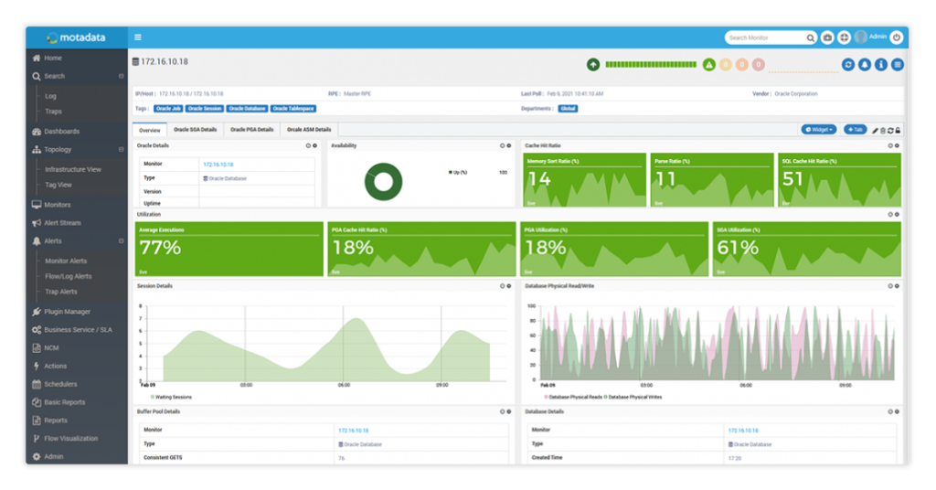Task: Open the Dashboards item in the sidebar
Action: [61, 132]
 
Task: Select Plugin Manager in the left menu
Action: [67, 312]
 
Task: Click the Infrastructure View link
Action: [73, 169]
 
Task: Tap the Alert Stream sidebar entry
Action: [62, 223]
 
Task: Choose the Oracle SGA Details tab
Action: [196, 130]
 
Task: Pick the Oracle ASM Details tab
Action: [309, 130]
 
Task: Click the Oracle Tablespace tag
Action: [293, 109]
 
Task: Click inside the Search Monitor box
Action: [764, 37]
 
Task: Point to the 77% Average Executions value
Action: [160, 248]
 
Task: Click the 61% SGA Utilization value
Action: [739, 248]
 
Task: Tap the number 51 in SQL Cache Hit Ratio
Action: [793, 179]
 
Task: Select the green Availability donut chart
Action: [383, 182]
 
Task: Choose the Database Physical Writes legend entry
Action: [633, 397]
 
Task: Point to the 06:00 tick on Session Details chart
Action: [344, 385]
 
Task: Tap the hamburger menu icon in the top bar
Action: [138, 37]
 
